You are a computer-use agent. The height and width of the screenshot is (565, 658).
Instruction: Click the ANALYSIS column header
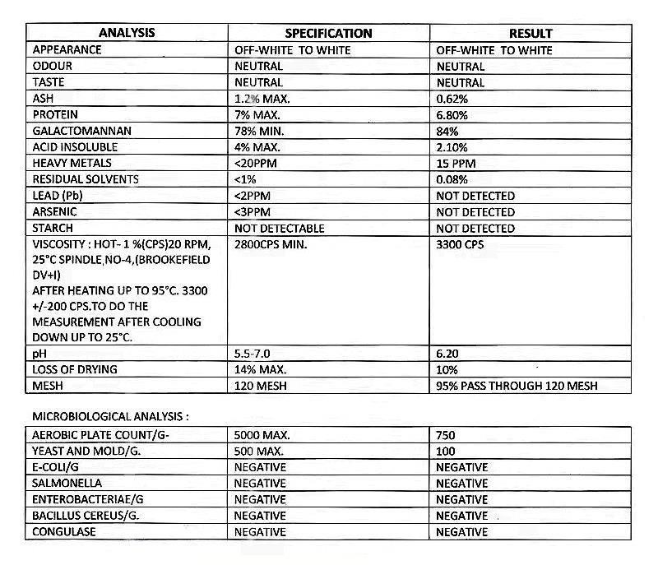pos(127,34)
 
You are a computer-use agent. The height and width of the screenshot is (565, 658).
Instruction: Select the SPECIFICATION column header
pos(328,34)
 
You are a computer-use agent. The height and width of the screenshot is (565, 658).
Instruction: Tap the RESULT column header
pos(530,34)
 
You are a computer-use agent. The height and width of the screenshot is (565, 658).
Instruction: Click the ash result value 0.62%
pos(453,99)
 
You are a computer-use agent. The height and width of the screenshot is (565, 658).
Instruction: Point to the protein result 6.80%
pos(453,115)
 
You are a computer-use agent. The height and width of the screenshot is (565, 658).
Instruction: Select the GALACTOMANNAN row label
pos(82,132)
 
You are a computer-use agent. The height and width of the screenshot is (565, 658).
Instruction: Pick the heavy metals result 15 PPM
pos(456,164)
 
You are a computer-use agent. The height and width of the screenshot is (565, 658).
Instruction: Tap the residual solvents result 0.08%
pos(453,180)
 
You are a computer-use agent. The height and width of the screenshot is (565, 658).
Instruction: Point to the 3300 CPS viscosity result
pos(461,245)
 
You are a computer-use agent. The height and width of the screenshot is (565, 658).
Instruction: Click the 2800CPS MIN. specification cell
pos(271,245)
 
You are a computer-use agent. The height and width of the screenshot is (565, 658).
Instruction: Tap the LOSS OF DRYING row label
pos(75,369)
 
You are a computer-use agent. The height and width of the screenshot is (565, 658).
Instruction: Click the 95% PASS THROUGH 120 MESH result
pos(517,386)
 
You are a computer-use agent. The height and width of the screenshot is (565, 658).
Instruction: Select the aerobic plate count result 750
pos(446,435)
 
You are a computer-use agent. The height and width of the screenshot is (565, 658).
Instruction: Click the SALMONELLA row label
pos(67,484)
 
